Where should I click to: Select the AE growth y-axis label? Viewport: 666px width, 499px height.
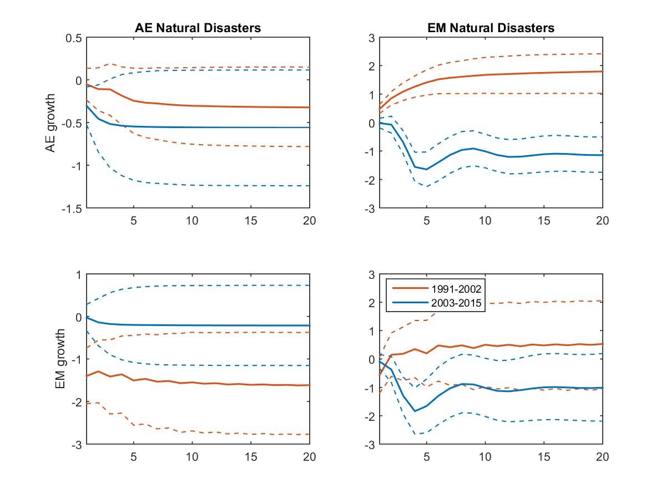(51, 123)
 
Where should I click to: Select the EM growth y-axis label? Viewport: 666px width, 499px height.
(60, 359)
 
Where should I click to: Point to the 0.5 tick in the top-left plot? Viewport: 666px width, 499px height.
(74, 38)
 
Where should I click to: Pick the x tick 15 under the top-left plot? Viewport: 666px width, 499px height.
(251, 220)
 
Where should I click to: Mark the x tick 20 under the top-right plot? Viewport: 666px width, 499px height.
(603, 220)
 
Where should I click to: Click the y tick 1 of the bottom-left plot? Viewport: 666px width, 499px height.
(78, 274)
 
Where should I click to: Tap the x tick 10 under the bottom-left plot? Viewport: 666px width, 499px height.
(192, 457)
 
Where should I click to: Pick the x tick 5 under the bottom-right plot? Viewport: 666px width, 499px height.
(426, 457)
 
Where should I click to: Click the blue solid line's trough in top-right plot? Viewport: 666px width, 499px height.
(426, 169)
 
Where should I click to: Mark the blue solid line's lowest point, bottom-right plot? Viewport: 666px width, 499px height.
(415, 411)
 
